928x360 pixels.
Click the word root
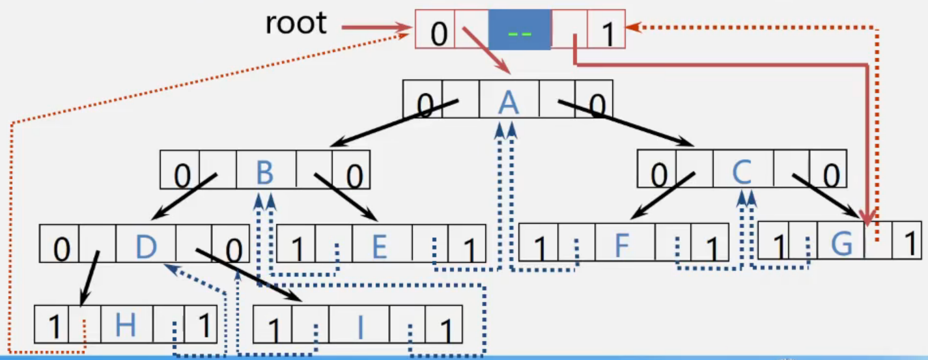tap(296, 23)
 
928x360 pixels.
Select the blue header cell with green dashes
tap(520, 29)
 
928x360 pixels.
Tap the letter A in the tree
tap(509, 102)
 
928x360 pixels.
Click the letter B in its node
tap(265, 173)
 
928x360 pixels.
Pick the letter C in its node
tap(742, 172)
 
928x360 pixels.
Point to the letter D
tap(147, 247)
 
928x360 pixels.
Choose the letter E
tap(380, 246)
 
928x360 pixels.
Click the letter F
tap(622, 245)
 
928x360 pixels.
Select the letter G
tap(841, 243)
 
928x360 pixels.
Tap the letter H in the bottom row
tap(125, 325)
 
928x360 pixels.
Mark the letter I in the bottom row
tap(360, 327)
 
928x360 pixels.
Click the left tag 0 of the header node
tap(439, 34)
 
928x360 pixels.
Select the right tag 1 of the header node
tap(608, 34)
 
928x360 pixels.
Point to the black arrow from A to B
tap(394, 122)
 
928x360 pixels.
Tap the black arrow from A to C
tap(626, 123)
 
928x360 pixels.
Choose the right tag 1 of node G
tap(910, 243)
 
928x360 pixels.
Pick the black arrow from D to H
tap(89, 279)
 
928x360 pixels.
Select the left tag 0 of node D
tap(62, 250)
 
